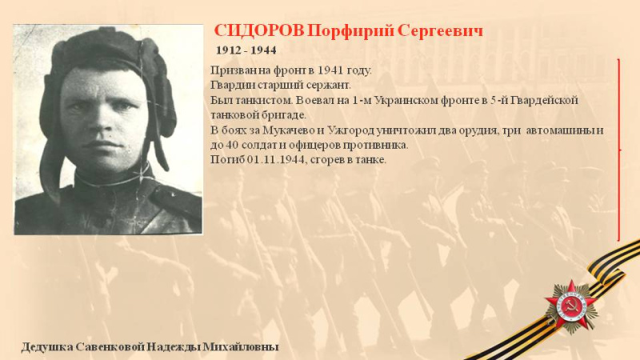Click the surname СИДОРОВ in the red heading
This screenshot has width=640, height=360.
click(259, 30)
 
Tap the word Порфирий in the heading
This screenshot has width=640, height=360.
click(350, 31)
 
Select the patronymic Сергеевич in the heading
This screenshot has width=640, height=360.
click(440, 31)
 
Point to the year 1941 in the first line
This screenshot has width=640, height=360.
click(330, 70)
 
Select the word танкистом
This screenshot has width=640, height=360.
click(263, 100)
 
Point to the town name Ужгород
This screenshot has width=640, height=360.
click(351, 130)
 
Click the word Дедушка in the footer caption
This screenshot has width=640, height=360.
click(47, 347)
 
